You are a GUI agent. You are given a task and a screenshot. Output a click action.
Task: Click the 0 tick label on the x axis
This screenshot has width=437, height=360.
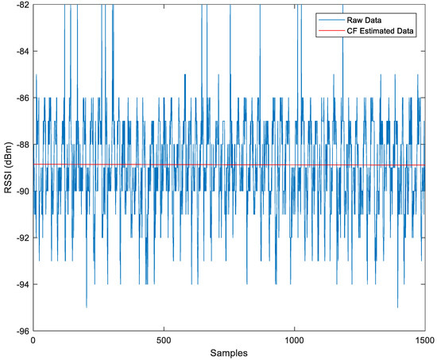click(33, 340)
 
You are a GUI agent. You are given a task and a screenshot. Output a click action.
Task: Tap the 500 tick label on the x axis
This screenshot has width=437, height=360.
click(164, 340)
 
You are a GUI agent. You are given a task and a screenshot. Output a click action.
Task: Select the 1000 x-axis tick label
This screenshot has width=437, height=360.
click(294, 340)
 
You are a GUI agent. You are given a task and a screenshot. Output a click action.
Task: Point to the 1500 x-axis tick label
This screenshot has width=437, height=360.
click(424, 340)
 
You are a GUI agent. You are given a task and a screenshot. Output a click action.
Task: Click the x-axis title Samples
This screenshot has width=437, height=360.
click(229, 352)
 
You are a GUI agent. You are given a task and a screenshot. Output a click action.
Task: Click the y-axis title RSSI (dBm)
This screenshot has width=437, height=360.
click(7, 168)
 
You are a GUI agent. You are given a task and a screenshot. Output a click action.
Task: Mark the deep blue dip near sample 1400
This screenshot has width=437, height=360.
click(397, 307)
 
